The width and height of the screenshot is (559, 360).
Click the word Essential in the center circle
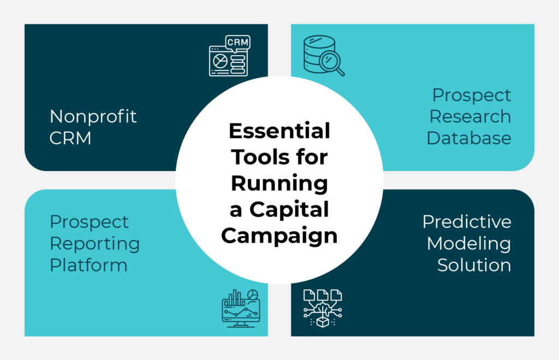[x=279, y=131]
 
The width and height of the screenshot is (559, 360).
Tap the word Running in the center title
[x=279, y=184]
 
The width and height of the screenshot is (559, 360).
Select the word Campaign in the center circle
[x=279, y=236]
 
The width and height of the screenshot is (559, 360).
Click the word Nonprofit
[x=93, y=116]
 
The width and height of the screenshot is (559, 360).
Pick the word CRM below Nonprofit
[x=70, y=138]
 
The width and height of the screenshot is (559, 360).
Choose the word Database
[x=469, y=138]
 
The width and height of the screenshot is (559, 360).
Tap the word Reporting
[x=95, y=244]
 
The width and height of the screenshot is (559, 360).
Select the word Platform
[x=88, y=265]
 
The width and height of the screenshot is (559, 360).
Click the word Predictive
[x=467, y=222]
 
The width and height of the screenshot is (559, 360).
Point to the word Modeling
[x=469, y=244]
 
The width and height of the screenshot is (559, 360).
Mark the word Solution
[x=474, y=265]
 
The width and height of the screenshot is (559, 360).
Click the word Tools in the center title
[x=259, y=157]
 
